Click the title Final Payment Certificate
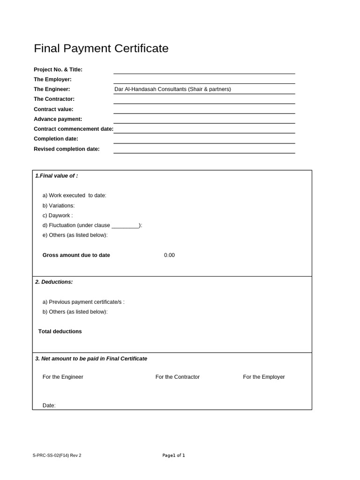point(101,49)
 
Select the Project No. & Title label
point(58,69)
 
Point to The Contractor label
point(54,99)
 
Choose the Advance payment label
point(58,119)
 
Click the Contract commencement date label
point(73,129)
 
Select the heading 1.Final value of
point(57,176)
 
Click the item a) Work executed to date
point(75,195)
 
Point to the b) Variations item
point(59,205)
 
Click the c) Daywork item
point(58,215)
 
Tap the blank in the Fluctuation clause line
point(125,225)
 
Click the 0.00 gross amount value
point(169,255)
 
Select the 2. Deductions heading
point(54,282)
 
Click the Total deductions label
point(60,331)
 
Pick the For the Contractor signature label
point(177,377)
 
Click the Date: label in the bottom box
point(49,405)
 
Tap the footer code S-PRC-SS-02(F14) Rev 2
point(57,455)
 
